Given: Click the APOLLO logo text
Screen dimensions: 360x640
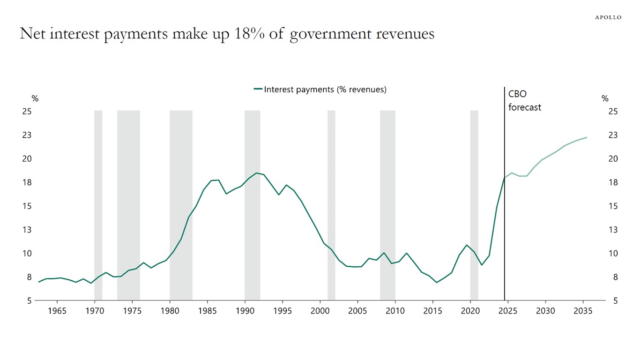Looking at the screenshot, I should tap(608, 17).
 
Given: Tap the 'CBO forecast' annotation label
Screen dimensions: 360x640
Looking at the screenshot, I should tap(524, 101).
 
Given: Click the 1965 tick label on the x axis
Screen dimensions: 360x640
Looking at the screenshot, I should tap(57, 311).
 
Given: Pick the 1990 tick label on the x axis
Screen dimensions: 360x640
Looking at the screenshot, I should tap(245, 311).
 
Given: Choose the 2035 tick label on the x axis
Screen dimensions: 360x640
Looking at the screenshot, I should tap(583, 311).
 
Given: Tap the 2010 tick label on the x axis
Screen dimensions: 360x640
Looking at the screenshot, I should tap(395, 311).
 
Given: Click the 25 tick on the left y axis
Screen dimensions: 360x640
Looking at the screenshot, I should tap(26, 112).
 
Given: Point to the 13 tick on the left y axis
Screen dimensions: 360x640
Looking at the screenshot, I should tap(26, 230).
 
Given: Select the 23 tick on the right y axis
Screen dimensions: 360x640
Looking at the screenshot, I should tap(613, 135).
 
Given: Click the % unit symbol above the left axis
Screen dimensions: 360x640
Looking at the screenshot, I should tap(35, 99).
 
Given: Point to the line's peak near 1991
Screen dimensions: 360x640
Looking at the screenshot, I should tap(256, 173).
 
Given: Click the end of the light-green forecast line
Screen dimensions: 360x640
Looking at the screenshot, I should tap(587, 137).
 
